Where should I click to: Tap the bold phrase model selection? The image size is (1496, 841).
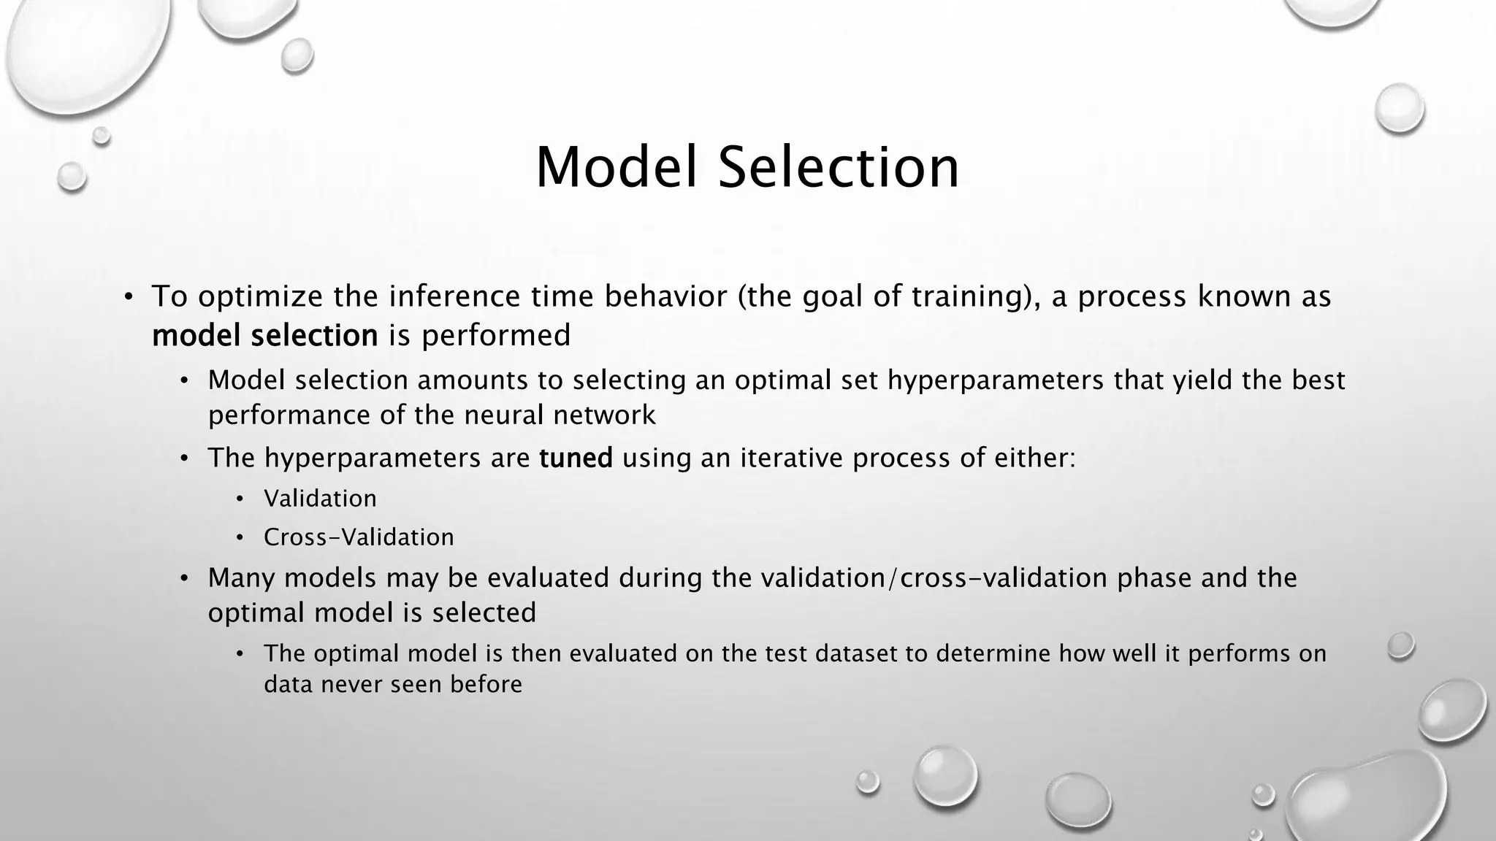[264, 336]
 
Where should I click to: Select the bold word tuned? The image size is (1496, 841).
[576, 458]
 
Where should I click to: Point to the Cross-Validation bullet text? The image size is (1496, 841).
[359, 537]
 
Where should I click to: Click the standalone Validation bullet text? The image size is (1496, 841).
[320, 499]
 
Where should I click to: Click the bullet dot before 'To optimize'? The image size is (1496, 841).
[129, 297]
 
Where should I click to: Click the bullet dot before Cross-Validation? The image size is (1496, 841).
[240, 538]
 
